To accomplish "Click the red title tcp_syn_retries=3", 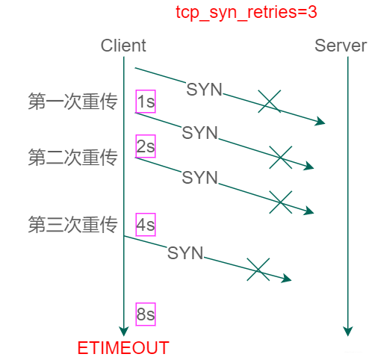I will (x=236, y=13).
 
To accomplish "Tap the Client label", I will (x=123, y=46).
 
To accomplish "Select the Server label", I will (x=341, y=46).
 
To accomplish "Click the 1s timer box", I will (x=146, y=102).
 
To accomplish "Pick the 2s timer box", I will (x=146, y=146).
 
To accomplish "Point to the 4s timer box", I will (x=146, y=223).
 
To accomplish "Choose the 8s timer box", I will (x=146, y=314).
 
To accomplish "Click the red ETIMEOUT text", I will (x=123, y=348).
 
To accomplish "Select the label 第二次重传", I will (x=72, y=158).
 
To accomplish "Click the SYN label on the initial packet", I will (x=204, y=90).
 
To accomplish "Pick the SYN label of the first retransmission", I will (x=199, y=133).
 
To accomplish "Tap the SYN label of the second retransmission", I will (x=199, y=178).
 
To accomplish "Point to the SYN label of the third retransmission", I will (x=185, y=253).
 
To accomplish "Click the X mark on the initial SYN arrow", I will (x=269, y=102).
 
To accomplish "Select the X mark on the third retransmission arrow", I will (x=258, y=270).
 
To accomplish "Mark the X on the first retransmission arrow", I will (x=280, y=157).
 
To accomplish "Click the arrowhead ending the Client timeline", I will (x=124, y=331).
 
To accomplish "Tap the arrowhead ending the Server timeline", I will (x=347, y=331).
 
